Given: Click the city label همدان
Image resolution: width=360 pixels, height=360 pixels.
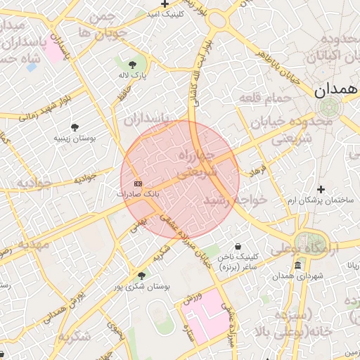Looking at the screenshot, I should point(331,89).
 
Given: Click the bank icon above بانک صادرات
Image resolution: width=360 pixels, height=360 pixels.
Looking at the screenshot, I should point(138,184).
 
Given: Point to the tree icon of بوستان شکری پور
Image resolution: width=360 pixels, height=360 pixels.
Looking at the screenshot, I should point(141,276).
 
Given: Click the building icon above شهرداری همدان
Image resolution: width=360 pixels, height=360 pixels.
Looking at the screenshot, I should point(299,265).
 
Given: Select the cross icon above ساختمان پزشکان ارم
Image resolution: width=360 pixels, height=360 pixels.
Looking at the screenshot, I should point(321,189).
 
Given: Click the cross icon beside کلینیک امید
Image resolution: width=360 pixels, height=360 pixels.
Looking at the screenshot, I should point(165,4).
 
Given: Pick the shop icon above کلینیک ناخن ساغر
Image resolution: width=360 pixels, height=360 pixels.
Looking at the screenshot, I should point(238,247).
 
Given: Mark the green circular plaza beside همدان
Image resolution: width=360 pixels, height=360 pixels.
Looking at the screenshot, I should point(328,108).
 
